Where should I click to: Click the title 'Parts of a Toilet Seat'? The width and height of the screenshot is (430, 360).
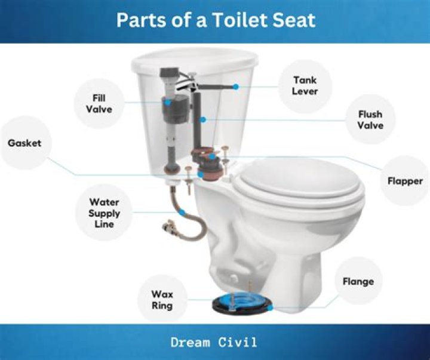coord(215,20)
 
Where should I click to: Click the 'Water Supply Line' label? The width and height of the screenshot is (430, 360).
coord(105,213)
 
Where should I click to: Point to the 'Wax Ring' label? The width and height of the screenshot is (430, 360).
coord(161,300)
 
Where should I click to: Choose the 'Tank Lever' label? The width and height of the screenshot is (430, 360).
coord(305,85)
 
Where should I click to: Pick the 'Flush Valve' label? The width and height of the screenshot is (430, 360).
coord(370,119)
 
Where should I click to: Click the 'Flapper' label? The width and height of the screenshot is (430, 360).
coord(404,181)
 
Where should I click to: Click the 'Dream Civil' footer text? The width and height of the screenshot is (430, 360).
coord(214,343)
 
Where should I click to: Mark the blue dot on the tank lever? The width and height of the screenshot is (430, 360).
coord(236,87)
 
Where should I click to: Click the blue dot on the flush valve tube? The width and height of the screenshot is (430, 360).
coord(204,120)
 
